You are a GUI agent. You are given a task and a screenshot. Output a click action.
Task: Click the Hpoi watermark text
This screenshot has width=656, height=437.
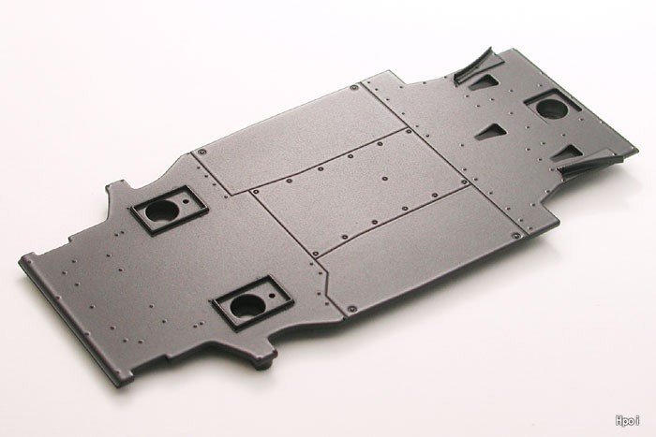[x=627, y=420]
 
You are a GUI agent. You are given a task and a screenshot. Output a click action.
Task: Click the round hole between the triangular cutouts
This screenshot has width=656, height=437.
[x=552, y=109]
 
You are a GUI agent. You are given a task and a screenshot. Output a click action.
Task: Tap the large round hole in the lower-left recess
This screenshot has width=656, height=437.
[x=247, y=305]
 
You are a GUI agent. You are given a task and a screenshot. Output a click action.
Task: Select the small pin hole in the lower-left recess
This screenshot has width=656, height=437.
[x=272, y=296]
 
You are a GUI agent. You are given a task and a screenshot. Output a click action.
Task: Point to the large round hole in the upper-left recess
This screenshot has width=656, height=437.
[x=161, y=211]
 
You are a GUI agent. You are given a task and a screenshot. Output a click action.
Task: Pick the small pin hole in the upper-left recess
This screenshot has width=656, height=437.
[x=186, y=201]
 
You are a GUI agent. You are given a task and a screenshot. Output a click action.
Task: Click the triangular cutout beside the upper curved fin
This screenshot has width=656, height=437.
[x=484, y=82]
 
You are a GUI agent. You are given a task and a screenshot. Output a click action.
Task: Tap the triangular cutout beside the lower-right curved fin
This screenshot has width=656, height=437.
[x=567, y=153]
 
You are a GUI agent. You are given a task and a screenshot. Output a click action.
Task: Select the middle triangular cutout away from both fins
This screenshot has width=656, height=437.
[x=492, y=131]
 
